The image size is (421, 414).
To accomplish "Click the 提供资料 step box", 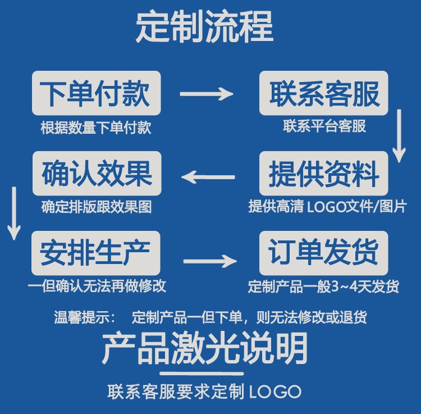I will pyautogui.click(x=324, y=174).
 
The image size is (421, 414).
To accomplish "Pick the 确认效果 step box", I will pyautogui.click(x=97, y=174).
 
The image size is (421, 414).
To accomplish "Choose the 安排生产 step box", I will pyautogui.click(x=97, y=253).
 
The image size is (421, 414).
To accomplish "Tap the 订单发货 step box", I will pyautogui.click(x=324, y=253).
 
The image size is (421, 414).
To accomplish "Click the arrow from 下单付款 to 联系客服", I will pyautogui.click(x=206, y=94).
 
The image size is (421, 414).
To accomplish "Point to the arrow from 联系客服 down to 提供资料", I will pyautogui.click(x=399, y=135).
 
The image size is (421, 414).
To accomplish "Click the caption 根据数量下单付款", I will pyautogui.click(x=96, y=128).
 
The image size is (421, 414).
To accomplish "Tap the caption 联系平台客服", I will pyautogui.click(x=324, y=126).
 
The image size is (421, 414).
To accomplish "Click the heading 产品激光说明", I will pyautogui.click(x=205, y=349).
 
